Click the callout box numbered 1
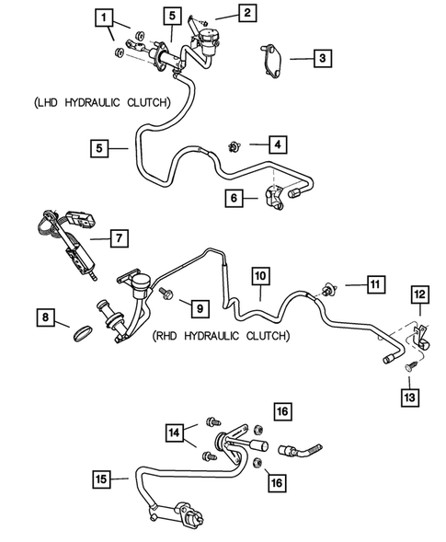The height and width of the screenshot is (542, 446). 107,17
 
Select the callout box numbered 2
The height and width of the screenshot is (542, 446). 246,13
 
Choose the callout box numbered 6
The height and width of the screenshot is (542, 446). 235,197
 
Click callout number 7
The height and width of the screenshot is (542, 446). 118,239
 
